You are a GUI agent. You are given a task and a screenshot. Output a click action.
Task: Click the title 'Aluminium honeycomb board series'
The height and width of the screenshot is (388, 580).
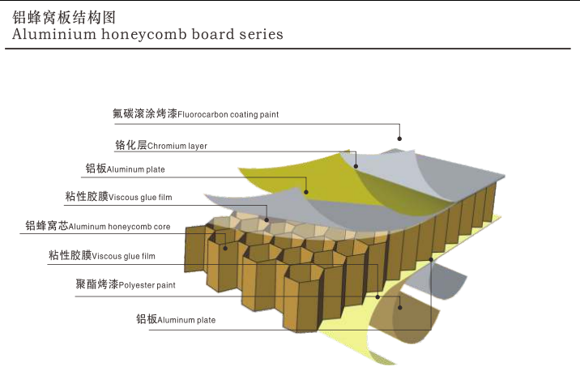[148, 35]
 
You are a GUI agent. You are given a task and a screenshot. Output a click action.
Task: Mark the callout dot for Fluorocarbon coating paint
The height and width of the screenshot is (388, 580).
[399, 139]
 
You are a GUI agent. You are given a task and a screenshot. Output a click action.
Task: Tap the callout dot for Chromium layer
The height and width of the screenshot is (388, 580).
[356, 166]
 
